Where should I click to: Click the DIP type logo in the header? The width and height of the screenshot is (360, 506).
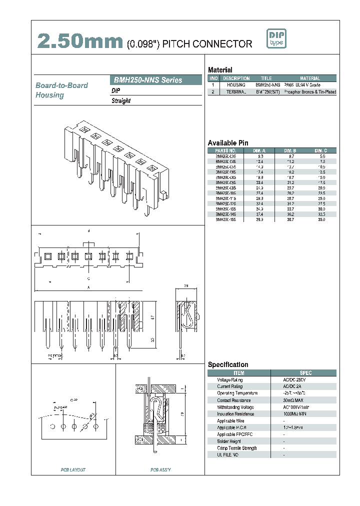pyautogui.click(x=276, y=39)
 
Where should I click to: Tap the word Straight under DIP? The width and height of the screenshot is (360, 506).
pyautogui.click(x=121, y=101)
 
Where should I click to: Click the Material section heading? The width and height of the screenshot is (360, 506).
pyautogui.click(x=220, y=70)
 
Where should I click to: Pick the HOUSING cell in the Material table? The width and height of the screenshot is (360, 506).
pyautogui.click(x=236, y=85)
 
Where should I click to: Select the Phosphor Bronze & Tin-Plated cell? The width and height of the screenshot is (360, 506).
pyautogui.click(x=309, y=92)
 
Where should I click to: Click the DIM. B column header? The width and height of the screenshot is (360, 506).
pyautogui.click(x=290, y=150)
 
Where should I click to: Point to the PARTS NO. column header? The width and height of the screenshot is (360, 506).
pyautogui.click(x=225, y=150)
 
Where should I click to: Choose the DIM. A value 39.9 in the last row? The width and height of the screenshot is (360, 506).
pyautogui.click(x=259, y=219)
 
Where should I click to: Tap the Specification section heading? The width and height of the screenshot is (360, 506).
pyautogui.click(x=228, y=364)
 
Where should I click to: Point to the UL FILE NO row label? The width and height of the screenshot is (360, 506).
pyautogui.click(x=227, y=455)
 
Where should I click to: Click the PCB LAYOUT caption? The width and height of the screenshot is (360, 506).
pyautogui.click(x=73, y=469)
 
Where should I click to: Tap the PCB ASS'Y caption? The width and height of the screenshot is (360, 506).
pyautogui.click(x=160, y=469)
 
